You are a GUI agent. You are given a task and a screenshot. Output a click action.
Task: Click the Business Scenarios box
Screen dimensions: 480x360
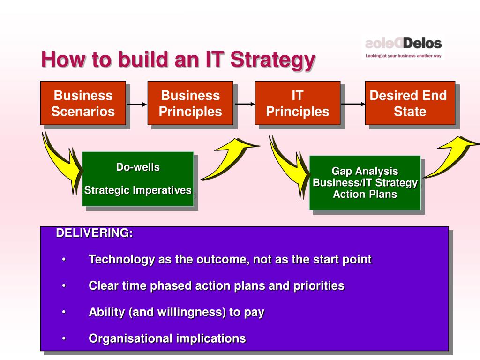[83, 103]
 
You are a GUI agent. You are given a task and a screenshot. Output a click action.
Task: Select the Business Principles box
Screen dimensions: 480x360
[190, 103]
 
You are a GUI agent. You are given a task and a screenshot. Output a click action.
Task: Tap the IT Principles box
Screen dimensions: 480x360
[298, 103]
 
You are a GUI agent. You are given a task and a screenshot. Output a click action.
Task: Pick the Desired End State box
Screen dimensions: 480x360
[410, 103]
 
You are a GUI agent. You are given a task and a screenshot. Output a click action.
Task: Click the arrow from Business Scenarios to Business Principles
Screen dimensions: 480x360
[137, 105]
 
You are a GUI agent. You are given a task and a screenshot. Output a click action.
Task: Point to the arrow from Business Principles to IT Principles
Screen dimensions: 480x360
[245, 104]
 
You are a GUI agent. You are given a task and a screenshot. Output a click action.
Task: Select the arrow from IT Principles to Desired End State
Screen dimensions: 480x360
[353, 104]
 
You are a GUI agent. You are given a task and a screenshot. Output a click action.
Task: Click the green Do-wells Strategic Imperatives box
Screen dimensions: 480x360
[138, 179]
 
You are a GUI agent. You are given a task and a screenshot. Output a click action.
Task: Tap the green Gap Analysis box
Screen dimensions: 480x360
[365, 183]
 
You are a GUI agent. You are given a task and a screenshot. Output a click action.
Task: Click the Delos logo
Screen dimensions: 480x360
[404, 44]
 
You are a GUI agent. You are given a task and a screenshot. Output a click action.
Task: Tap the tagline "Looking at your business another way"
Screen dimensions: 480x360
[404, 56]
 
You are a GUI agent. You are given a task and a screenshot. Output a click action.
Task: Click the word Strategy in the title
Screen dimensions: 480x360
[273, 60]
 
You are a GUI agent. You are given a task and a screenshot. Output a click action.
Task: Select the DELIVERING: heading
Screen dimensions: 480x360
[95, 233]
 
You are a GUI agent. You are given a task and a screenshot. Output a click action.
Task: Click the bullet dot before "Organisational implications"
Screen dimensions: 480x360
[64, 338]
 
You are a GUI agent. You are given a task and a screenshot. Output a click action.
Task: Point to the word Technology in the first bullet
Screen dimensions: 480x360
[122, 260]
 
